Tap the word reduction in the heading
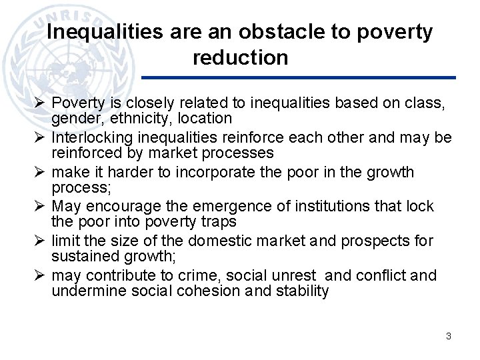click(x=240, y=58)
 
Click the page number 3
click(x=449, y=336)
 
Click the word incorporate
click(x=208, y=172)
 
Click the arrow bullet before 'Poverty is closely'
click(x=40, y=103)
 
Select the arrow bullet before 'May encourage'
click(x=40, y=207)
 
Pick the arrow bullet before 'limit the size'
click(x=40, y=241)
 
